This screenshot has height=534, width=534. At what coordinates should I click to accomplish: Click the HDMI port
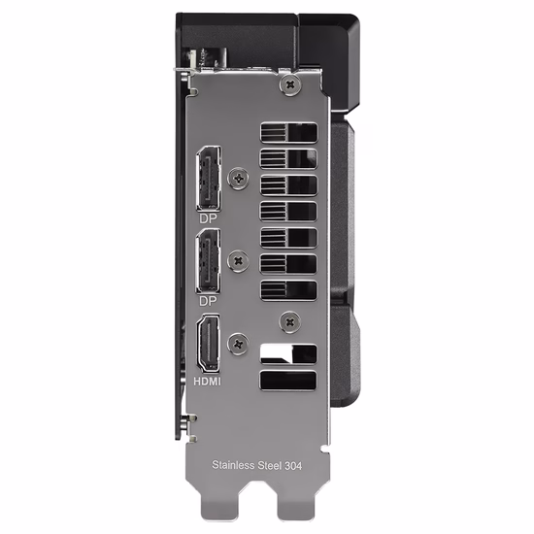208,344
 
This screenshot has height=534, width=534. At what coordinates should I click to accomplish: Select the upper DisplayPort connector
208,178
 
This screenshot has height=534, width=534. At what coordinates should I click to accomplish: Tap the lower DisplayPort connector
208,261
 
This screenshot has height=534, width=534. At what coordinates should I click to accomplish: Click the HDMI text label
207,382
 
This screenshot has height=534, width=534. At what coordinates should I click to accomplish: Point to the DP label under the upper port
208,218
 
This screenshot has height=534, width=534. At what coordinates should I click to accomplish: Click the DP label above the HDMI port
208,301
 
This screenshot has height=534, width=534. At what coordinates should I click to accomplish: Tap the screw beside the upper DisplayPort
239,178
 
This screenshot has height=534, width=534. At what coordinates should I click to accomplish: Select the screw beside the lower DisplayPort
239,261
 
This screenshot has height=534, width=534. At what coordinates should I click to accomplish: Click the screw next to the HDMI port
238,344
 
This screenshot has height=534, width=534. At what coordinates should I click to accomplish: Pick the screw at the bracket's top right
290,84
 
